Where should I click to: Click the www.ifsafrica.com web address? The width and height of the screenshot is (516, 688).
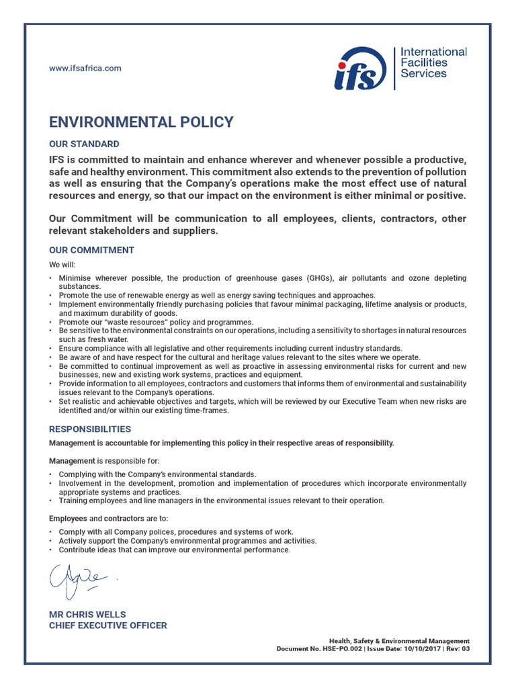(x=85, y=68)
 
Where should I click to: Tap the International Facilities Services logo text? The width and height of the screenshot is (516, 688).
(x=433, y=62)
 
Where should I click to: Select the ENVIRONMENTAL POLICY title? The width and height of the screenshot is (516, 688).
(x=141, y=122)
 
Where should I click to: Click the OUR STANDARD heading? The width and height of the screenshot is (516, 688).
(x=84, y=144)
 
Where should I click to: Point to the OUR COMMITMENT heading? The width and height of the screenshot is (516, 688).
(x=91, y=250)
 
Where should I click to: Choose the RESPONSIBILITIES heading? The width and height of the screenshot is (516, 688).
(x=90, y=429)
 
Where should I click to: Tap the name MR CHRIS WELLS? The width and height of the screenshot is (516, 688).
(x=87, y=614)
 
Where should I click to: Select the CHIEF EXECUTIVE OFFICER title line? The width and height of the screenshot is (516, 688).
(x=108, y=626)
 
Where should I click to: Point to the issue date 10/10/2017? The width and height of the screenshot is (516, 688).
(x=423, y=649)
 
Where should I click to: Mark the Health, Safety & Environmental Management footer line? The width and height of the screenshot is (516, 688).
(x=399, y=641)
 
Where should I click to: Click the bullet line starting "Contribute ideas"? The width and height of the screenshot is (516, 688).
(x=174, y=550)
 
